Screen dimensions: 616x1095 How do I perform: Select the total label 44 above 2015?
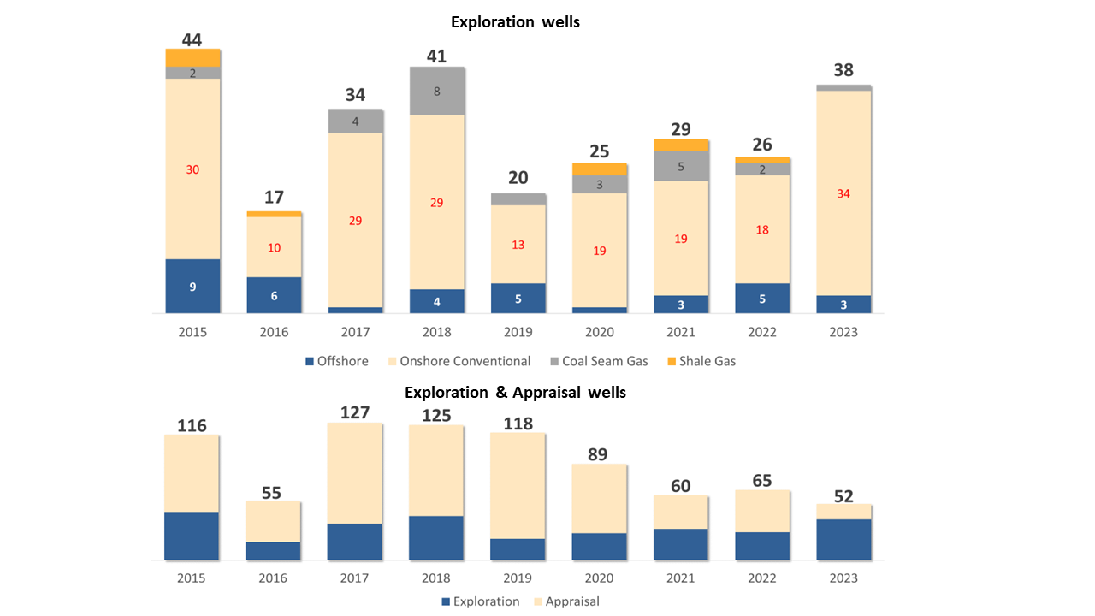192,39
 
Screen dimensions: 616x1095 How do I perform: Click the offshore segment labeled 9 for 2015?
192,287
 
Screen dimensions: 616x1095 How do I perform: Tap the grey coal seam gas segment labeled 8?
437,91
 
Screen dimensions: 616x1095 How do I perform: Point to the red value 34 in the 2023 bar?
843,193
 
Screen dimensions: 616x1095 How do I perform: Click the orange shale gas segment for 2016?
274,214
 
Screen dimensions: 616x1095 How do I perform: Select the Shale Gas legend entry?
701,361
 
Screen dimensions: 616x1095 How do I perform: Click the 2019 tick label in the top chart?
518,332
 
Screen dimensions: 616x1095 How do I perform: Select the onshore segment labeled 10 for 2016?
274,247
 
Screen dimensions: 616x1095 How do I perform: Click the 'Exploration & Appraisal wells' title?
515,393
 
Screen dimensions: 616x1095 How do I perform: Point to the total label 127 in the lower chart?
354,412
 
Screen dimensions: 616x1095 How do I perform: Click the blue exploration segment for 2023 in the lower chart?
843,539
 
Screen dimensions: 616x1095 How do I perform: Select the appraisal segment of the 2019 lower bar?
518,485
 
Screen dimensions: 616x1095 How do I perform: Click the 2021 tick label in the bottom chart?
681,578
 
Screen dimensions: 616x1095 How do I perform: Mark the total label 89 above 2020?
598,453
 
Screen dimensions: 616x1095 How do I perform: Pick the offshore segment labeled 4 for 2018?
437,301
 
